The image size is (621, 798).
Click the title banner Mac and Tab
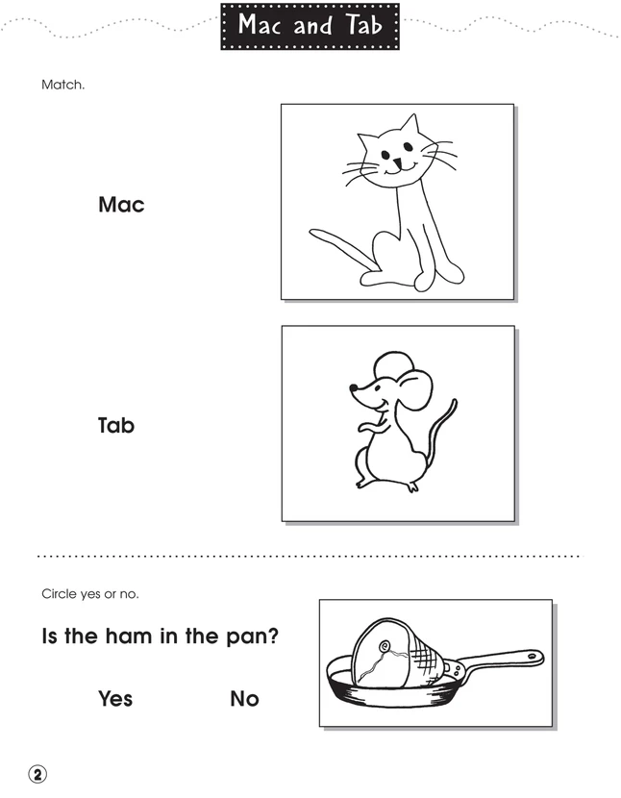[310, 26]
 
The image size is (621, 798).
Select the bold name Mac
[121, 205]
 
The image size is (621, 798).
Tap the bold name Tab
[116, 424]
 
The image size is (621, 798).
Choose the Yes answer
[115, 699]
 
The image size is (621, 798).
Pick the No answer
[245, 699]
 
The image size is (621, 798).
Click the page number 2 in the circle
[37, 775]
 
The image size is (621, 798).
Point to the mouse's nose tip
[351, 389]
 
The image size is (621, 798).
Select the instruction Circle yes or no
[90, 593]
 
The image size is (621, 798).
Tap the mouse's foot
[410, 486]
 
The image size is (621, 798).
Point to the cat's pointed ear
[410, 126]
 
